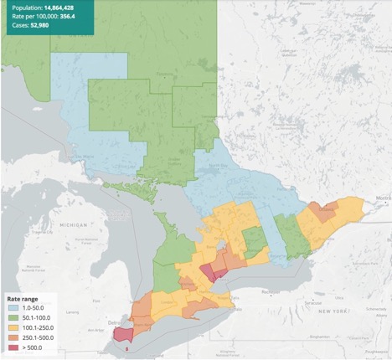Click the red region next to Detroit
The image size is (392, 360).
click(x=123, y=334)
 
